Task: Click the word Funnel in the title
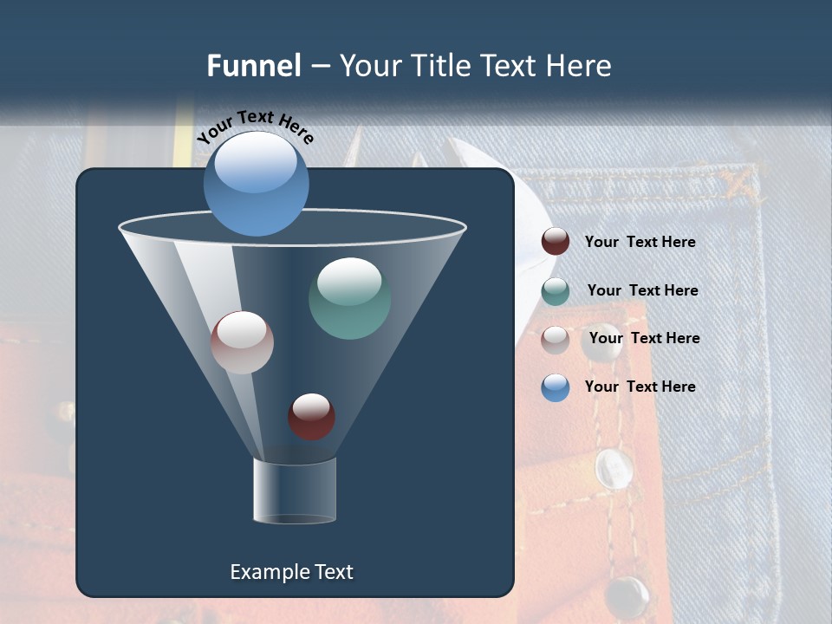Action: (254, 66)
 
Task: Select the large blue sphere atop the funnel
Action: (257, 184)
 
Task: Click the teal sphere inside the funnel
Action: (349, 298)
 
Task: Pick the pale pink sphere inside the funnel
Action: (242, 342)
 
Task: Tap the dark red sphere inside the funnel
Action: (311, 416)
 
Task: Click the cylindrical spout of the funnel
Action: (295, 491)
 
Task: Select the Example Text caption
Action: (291, 572)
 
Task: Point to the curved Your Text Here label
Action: (255, 127)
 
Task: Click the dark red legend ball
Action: (556, 242)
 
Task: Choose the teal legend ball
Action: (556, 291)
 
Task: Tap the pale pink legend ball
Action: (556, 339)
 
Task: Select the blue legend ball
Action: (556, 387)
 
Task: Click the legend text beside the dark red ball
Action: (640, 243)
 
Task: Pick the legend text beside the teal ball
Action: (642, 291)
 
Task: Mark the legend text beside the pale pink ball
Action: (644, 339)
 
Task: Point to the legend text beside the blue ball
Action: (640, 387)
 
